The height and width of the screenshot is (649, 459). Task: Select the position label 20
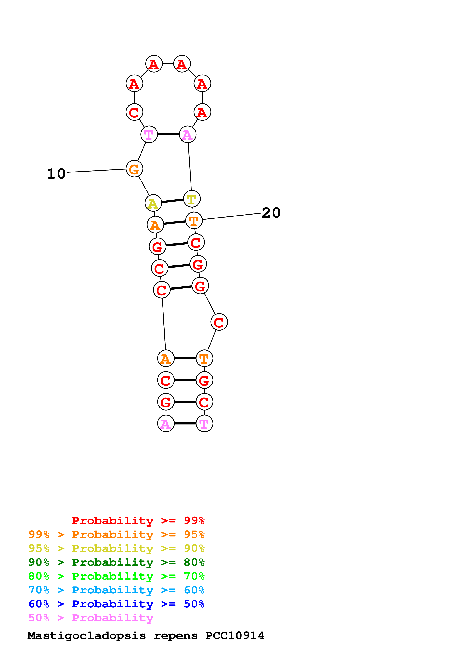click(271, 213)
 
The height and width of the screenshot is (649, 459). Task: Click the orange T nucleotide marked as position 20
click(194, 221)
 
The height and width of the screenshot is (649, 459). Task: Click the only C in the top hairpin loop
click(134, 112)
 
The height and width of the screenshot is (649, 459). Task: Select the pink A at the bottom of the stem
click(166, 423)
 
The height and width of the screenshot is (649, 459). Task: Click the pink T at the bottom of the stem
click(204, 423)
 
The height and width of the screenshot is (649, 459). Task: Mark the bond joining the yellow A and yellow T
click(173, 201)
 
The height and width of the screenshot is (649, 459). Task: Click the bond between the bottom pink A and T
click(185, 423)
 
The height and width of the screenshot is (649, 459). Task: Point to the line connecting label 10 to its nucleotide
click(96, 170)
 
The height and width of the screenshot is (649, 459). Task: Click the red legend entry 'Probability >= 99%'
click(138, 521)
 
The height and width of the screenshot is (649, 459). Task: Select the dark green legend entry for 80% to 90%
click(116, 562)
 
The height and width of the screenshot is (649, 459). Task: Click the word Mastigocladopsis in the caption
click(86, 635)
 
